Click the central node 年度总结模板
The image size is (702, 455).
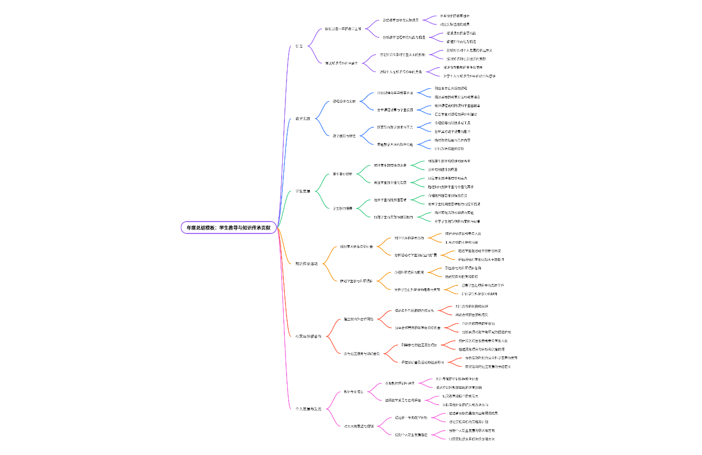coord(229,228)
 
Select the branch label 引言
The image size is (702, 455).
coord(299,46)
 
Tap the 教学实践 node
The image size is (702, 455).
coord(303,119)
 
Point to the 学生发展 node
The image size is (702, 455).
coord(303,191)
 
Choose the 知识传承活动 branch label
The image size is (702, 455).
coord(307,264)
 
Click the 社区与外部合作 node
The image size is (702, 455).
coord(309,336)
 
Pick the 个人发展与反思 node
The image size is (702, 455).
coord(309,408)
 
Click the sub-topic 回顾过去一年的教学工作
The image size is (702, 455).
coord(343,29)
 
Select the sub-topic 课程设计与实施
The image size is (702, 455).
coord(344,101)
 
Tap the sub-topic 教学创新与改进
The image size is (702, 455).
coord(344,135)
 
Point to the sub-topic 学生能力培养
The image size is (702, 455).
coord(342,209)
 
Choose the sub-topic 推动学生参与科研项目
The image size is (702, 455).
coord(356,281)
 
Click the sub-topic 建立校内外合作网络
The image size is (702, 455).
coord(359,319)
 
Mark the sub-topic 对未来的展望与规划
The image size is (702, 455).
coord(359,426)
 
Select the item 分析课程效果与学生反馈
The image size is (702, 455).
coord(395,110)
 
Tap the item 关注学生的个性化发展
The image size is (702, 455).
coord(390,183)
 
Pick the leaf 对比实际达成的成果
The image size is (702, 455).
coord(454,24)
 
